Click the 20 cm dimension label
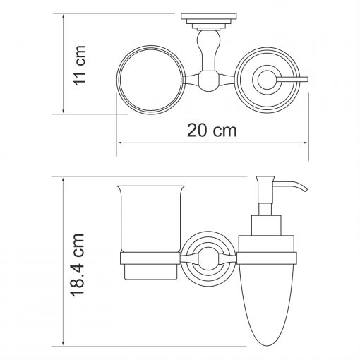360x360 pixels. tap(212, 131)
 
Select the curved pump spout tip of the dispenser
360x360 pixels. tap(306, 189)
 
